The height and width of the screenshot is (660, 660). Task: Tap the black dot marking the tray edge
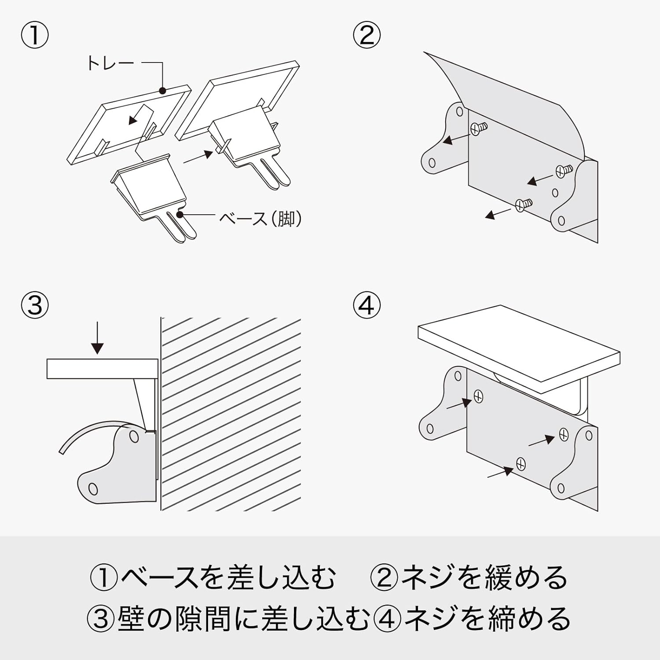coord(162,91)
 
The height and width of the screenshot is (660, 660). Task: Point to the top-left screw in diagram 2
coord(478,128)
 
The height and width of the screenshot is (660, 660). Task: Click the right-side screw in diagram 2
coord(563,170)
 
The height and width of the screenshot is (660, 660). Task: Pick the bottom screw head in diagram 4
coord(521,463)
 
